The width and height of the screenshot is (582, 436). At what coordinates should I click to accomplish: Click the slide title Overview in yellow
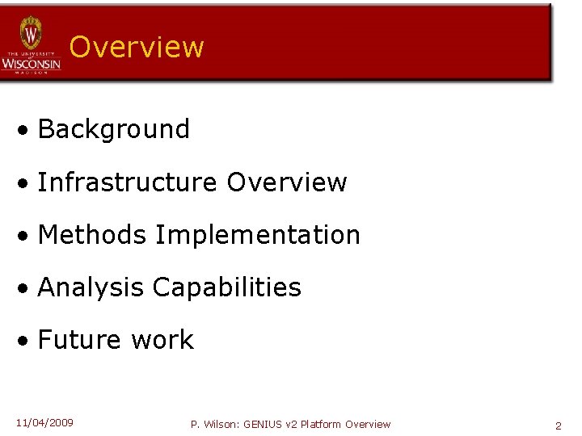click(137, 47)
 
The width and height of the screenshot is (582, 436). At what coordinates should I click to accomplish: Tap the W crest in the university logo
click(31, 34)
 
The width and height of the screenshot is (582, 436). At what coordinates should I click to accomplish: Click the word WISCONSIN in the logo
click(31, 63)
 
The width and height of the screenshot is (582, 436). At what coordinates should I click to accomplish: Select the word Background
click(113, 129)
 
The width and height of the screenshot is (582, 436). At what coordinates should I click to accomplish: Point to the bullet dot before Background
click(27, 130)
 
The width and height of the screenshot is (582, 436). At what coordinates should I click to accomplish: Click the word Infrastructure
click(128, 182)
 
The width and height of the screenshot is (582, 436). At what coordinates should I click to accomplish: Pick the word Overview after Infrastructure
click(287, 182)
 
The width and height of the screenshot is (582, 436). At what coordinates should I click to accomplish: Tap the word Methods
click(92, 235)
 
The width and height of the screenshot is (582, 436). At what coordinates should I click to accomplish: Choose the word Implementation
click(258, 235)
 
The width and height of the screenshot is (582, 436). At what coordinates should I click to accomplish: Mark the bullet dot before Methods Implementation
click(27, 236)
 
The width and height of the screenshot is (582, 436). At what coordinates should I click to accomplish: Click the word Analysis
click(91, 287)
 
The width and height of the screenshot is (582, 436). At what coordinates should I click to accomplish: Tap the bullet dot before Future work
click(27, 341)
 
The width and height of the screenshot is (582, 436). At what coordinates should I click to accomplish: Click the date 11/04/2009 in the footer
click(44, 423)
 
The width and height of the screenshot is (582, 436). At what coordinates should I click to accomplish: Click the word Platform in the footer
click(322, 424)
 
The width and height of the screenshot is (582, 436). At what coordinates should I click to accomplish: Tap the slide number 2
click(558, 426)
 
